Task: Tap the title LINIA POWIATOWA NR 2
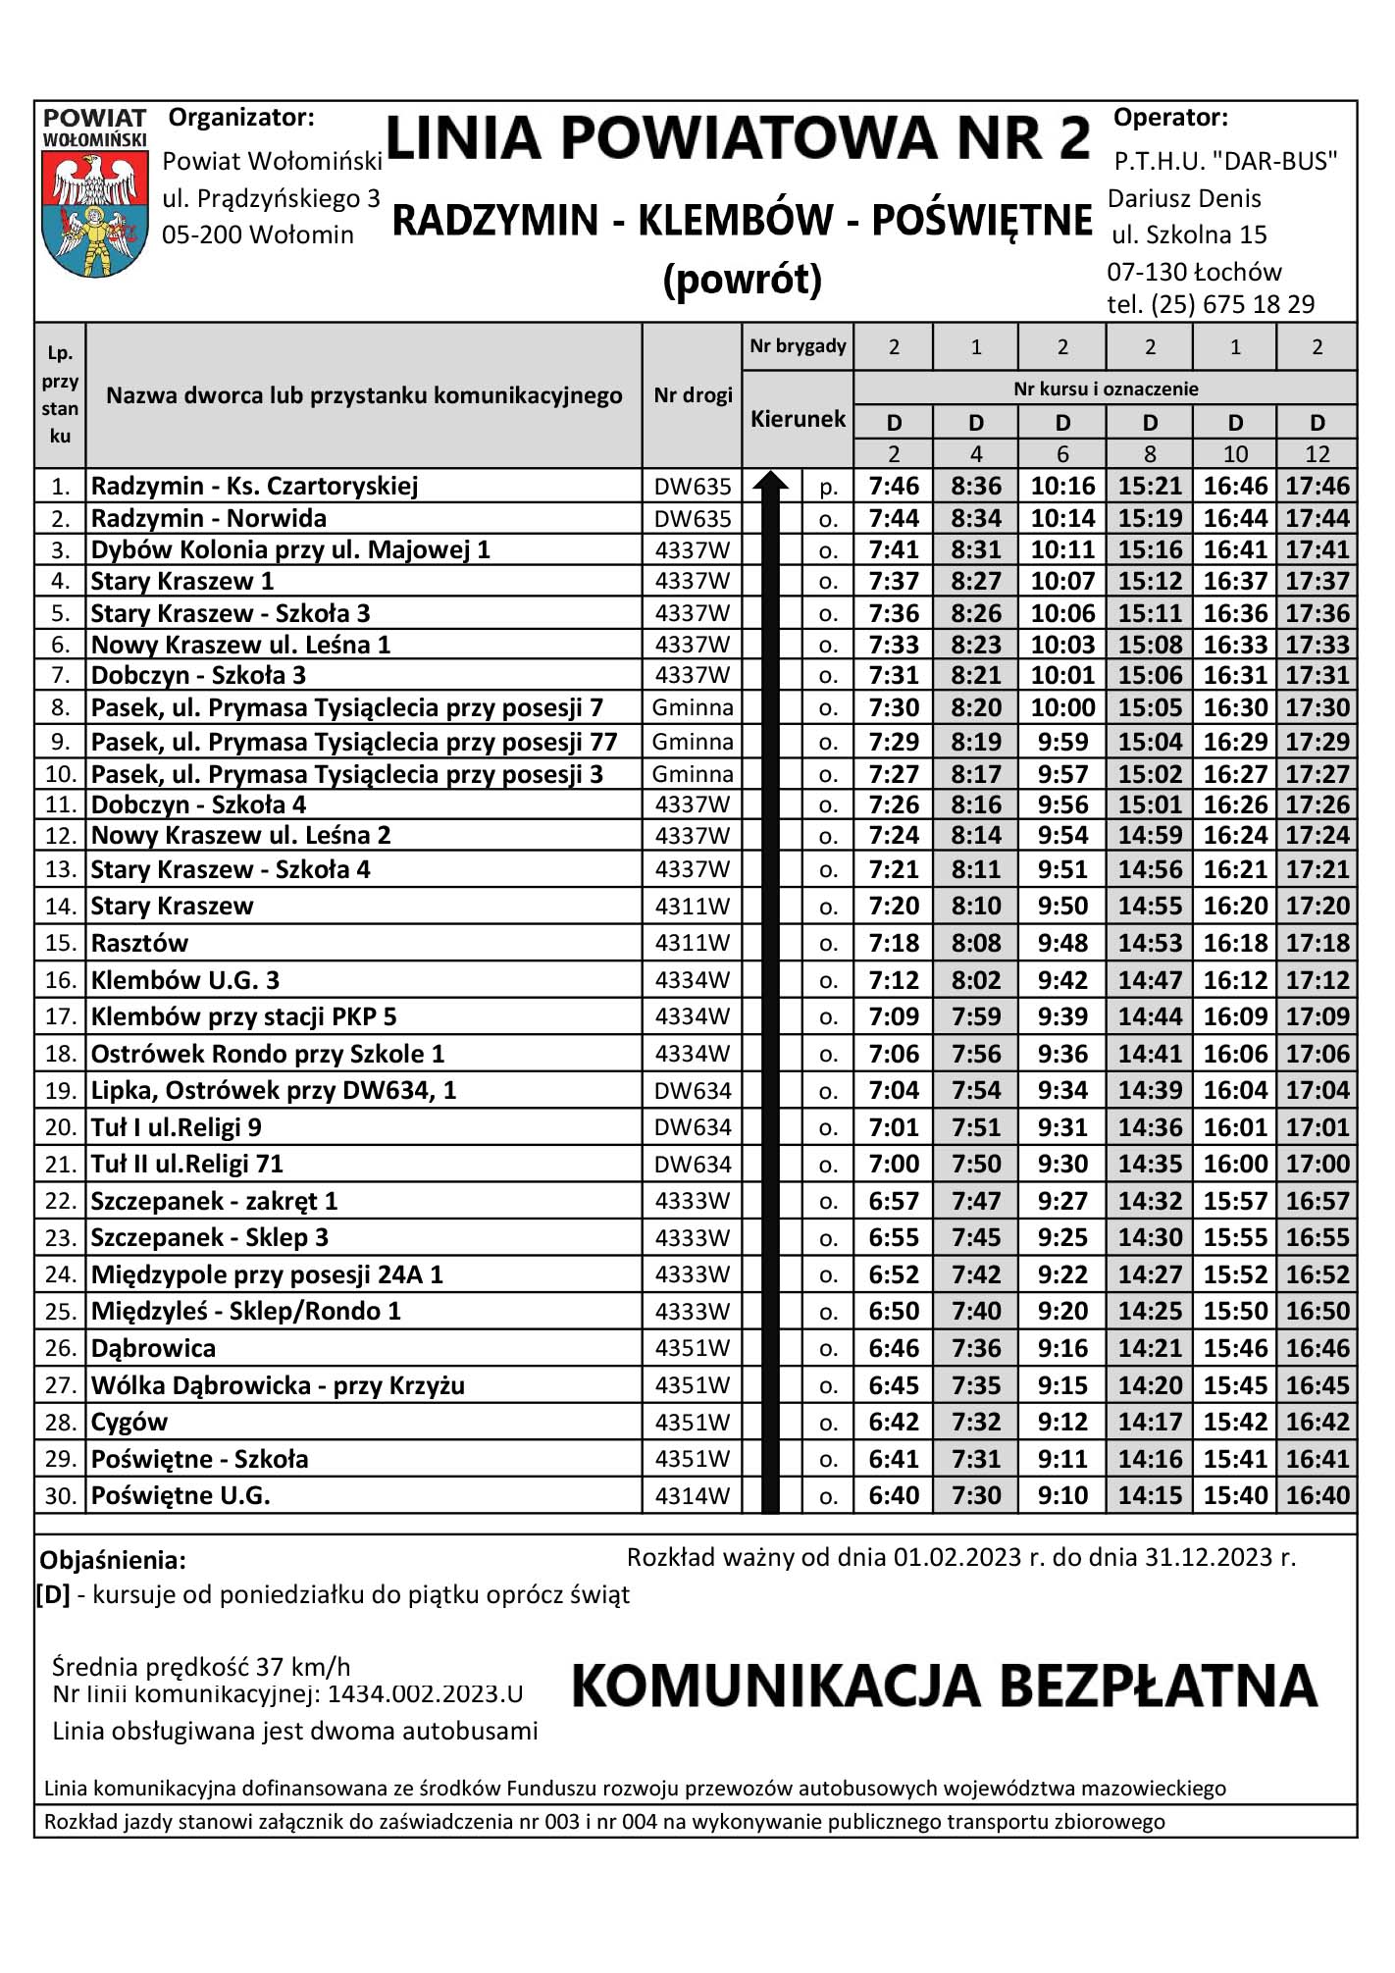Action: pyautogui.click(x=738, y=138)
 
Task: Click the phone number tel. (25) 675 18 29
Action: pyautogui.click(x=1211, y=304)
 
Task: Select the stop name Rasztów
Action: pyautogui.click(x=139, y=943)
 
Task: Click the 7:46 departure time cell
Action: pyautogui.click(x=894, y=486)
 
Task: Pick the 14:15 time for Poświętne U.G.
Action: pyautogui.click(x=1150, y=1495)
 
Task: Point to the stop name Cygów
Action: pyautogui.click(x=129, y=1422)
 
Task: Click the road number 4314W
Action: pyautogui.click(x=693, y=1495)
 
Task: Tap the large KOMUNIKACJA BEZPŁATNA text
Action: pyautogui.click(x=944, y=1685)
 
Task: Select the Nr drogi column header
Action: pyautogui.click(x=693, y=395)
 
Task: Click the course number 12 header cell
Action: pyautogui.click(x=1317, y=454)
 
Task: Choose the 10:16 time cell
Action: pyautogui.click(x=1062, y=486)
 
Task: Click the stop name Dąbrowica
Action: pyautogui.click(x=153, y=1348)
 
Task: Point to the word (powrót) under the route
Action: pyautogui.click(x=742, y=281)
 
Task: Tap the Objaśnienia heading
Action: pyautogui.click(x=113, y=1560)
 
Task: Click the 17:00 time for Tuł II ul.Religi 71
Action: pyautogui.click(x=1317, y=1164)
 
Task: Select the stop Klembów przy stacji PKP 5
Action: pyautogui.click(x=243, y=1016)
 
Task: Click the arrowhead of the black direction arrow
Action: pyautogui.click(x=771, y=481)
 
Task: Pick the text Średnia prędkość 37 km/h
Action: pyautogui.click(x=201, y=1666)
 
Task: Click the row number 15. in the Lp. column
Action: pyautogui.click(x=60, y=943)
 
